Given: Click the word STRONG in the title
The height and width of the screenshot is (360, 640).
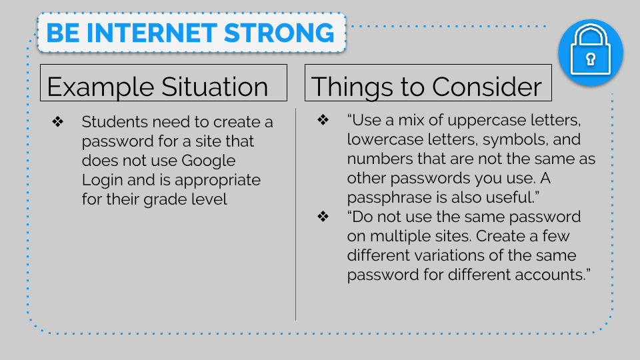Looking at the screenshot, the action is pos(279,33).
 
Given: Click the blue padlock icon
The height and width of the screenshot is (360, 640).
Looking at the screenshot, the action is pos(591,53).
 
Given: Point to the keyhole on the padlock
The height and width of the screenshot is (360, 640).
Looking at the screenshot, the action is pos(591,59).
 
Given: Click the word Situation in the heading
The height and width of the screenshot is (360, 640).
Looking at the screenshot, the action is pos(215,87).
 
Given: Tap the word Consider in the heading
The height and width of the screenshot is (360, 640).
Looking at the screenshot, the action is pos(487,87).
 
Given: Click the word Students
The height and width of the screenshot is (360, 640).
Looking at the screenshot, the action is pos(115,121).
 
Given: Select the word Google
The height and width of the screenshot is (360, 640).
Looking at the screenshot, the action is pos(208,161).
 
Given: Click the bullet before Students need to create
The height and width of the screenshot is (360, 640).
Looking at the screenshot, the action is pos(57,121).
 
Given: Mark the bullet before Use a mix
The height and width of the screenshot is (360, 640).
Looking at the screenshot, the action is pos(323,119).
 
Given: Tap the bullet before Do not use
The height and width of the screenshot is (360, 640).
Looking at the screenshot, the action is pos(323,216).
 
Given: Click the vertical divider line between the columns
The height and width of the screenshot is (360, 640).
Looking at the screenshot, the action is pos(295,214).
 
